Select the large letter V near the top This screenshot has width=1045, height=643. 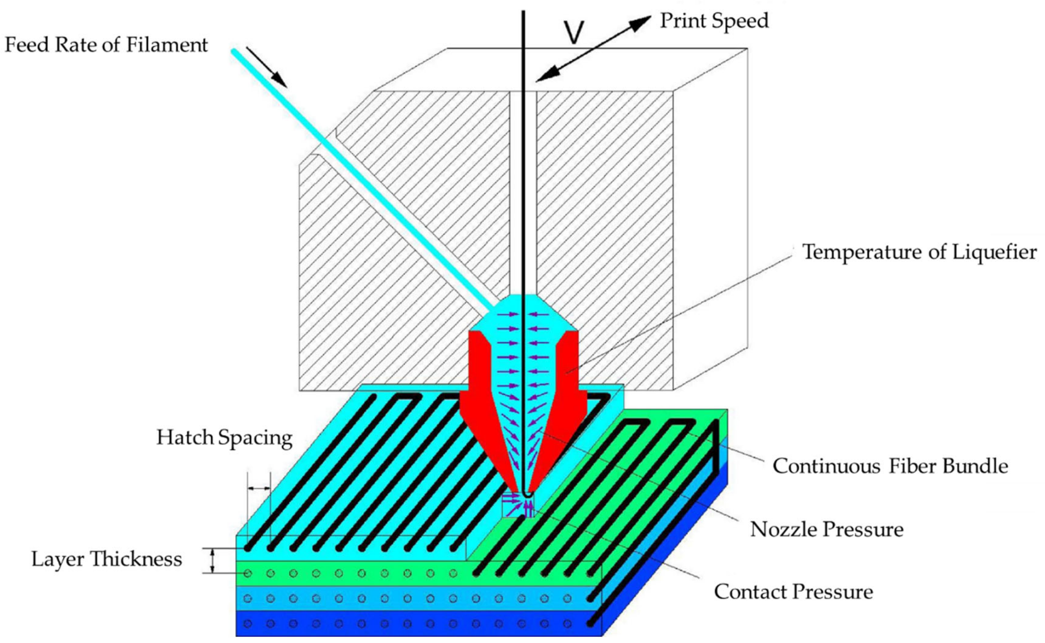(x=574, y=32)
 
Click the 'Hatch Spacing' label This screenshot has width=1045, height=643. (x=224, y=438)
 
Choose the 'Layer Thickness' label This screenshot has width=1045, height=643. (x=107, y=559)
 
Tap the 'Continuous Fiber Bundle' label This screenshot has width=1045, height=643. (x=890, y=466)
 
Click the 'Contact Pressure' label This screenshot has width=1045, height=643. (x=793, y=591)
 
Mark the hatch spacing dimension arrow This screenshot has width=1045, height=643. (x=259, y=488)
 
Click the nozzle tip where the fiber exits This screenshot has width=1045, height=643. (x=526, y=493)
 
